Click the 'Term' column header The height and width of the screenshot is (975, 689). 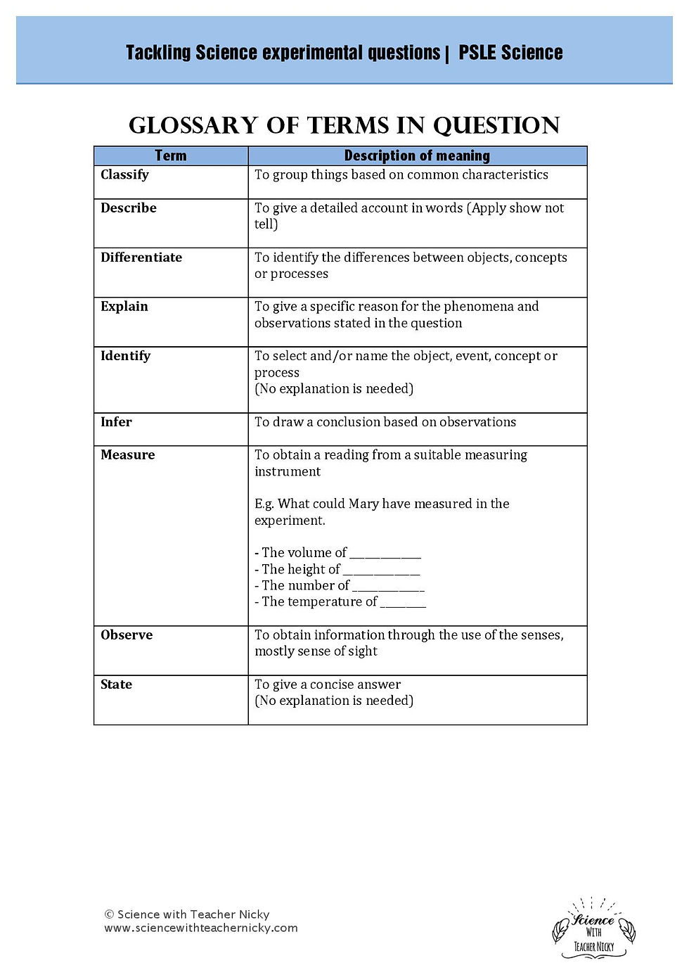[x=171, y=155]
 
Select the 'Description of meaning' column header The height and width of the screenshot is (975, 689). [x=417, y=155]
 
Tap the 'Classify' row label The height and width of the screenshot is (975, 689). [x=124, y=174]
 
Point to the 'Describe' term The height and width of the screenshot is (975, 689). [x=129, y=208]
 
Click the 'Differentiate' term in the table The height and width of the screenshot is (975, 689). [x=141, y=257]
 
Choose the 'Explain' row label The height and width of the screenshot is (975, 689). [x=124, y=306]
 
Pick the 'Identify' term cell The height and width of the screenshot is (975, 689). [x=126, y=356]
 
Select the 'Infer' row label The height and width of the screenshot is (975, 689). [x=116, y=422]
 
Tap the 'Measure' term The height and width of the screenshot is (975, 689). [x=128, y=455]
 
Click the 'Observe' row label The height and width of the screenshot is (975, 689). [x=127, y=635]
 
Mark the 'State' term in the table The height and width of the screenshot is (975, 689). [x=117, y=684]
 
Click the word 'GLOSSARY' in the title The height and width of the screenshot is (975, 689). [x=193, y=125]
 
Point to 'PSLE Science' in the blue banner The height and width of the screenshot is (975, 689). [x=510, y=53]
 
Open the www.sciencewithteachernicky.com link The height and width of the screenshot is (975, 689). [x=201, y=928]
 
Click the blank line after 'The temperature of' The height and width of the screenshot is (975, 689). [x=404, y=603]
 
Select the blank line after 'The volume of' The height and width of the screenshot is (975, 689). [x=385, y=554]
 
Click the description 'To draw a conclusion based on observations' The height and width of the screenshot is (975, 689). [x=385, y=422]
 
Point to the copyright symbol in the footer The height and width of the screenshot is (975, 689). [x=109, y=915]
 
